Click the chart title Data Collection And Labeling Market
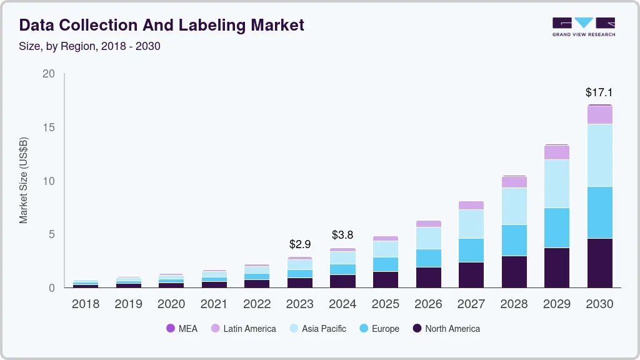[x=162, y=25]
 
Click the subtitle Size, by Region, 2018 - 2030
[x=89, y=46]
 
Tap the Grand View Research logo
[x=583, y=27]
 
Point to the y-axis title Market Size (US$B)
[x=24, y=181]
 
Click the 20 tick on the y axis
[x=49, y=74]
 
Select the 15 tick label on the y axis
[x=49, y=127]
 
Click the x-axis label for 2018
[x=85, y=304]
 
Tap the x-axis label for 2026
[x=428, y=304]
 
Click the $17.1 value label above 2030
[x=599, y=92]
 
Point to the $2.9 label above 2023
[x=300, y=244]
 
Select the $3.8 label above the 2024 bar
[x=342, y=235]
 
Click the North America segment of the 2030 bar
[x=599, y=262]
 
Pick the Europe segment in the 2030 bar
[x=599, y=212]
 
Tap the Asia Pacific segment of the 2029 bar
[x=556, y=184]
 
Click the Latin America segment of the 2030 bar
[x=599, y=115]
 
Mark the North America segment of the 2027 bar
[x=471, y=275]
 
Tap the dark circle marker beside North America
[x=417, y=329]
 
